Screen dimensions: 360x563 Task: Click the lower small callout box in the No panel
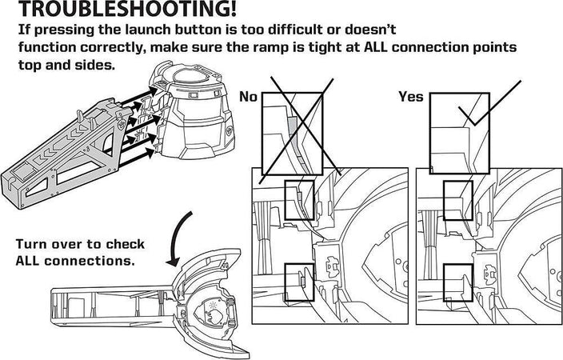pos(298,280)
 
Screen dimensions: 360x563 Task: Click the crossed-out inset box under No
pos(292,132)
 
